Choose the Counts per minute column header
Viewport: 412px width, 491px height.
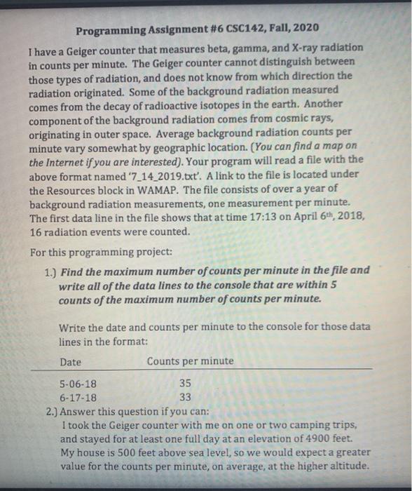point(191,362)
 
